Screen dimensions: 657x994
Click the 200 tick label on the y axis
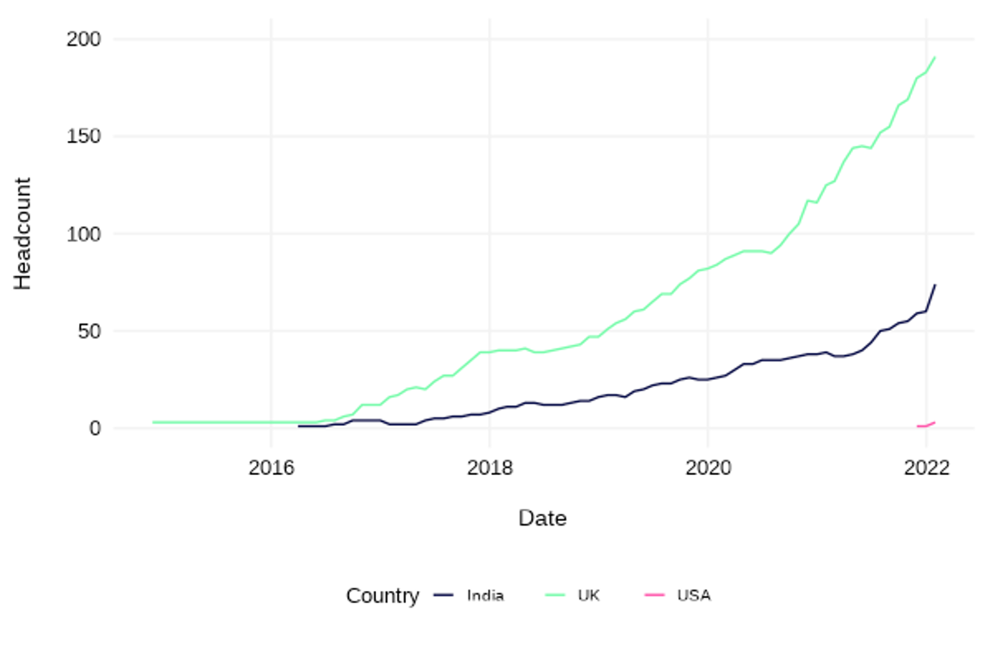click(x=84, y=39)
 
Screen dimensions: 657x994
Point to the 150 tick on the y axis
click(x=84, y=137)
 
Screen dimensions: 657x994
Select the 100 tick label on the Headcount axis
click(x=84, y=234)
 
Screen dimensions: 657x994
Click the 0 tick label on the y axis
click(x=95, y=428)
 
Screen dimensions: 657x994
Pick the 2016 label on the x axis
click(x=271, y=469)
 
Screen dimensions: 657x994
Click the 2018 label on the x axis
click(x=490, y=469)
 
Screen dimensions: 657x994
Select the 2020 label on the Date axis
click(x=707, y=469)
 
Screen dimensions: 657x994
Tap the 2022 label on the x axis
click(x=926, y=469)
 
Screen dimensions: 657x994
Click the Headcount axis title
click(x=23, y=233)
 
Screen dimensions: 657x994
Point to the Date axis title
click(x=542, y=519)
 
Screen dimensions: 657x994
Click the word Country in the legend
click(x=383, y=597)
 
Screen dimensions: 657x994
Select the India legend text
click(x=485, y=597)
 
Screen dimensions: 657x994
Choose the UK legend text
click(x=589, y=597)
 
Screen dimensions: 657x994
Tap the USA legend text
click(x=694, y=597)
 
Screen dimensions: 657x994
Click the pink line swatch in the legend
click(x=654, y=596)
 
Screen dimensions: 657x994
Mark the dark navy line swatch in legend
click(x=445, y=596)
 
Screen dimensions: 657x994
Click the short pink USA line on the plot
click(x=926, y=424)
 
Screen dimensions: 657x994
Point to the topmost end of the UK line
click(x=934, y=57)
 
